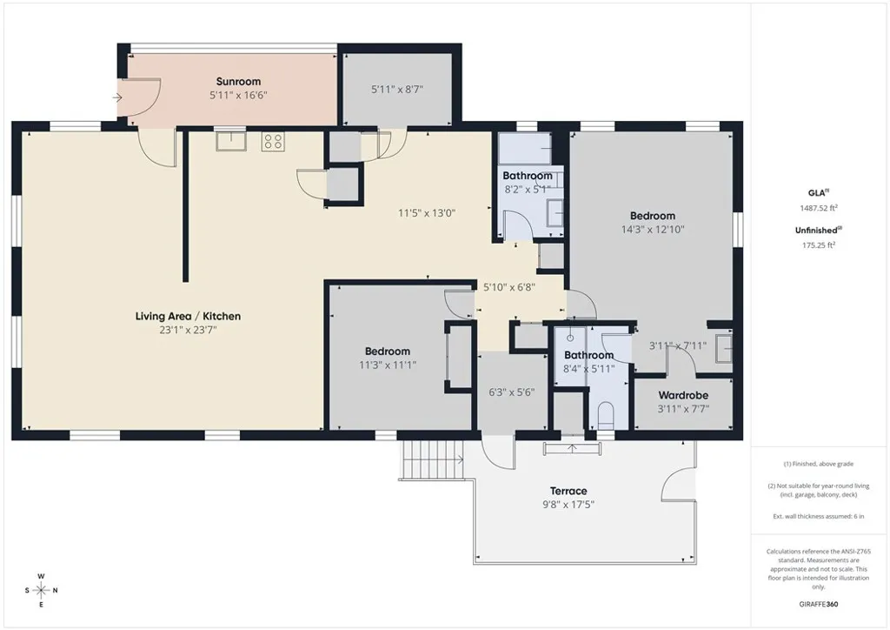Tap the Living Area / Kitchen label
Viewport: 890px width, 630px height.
point(188,316)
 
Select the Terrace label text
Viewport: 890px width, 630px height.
point(568,491)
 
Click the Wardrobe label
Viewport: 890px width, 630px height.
point(683,395)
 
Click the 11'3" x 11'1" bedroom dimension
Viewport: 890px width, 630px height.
point(389,365)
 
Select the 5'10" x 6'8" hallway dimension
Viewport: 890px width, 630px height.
point(509,286)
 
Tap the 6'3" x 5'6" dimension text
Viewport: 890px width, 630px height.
point(511,392)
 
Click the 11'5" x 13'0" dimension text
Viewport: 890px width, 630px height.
point(427,212)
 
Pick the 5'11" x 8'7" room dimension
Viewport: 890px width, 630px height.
point(397,89)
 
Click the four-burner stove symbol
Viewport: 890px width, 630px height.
point(273,141)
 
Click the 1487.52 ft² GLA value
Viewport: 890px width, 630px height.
point(820,208)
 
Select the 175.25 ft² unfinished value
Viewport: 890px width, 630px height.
point(820,245)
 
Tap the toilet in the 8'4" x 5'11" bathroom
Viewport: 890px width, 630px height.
point(606,413)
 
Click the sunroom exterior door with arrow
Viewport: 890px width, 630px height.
point(139,97)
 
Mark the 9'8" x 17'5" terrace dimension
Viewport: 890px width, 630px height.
point(568,505)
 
